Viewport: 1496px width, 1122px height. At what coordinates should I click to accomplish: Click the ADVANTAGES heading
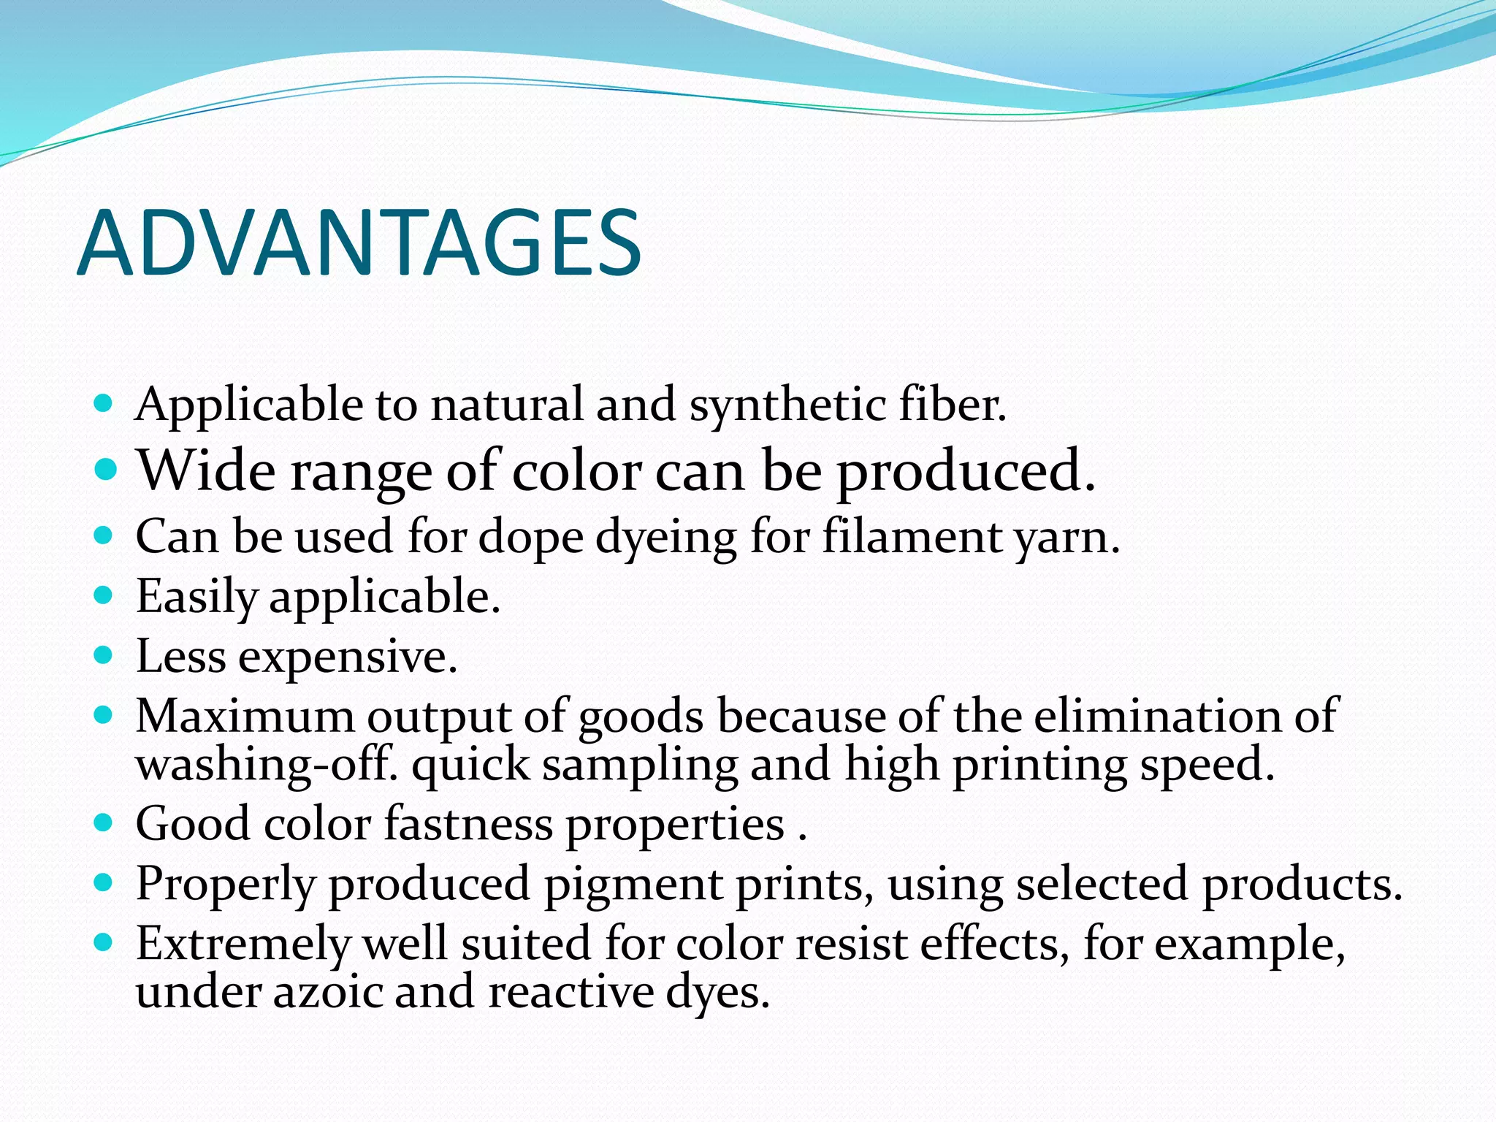[359, 243]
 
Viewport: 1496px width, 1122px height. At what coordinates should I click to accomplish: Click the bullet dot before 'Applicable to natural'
[104, 402]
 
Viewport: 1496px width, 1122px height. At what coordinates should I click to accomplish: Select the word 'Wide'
[207, 471]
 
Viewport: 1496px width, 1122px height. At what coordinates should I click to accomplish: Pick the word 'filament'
[911, 537]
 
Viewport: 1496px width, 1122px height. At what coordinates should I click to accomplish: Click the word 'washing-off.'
[267, 765]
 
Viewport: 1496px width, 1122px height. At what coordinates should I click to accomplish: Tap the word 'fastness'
[468, 824]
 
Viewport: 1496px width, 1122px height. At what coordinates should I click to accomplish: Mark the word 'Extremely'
[243, 944]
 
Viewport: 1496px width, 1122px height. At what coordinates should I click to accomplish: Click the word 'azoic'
[328, 993]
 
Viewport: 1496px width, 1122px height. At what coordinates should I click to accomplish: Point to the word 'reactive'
[570, 993]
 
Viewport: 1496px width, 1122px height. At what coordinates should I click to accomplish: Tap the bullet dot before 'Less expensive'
[104, 655]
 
